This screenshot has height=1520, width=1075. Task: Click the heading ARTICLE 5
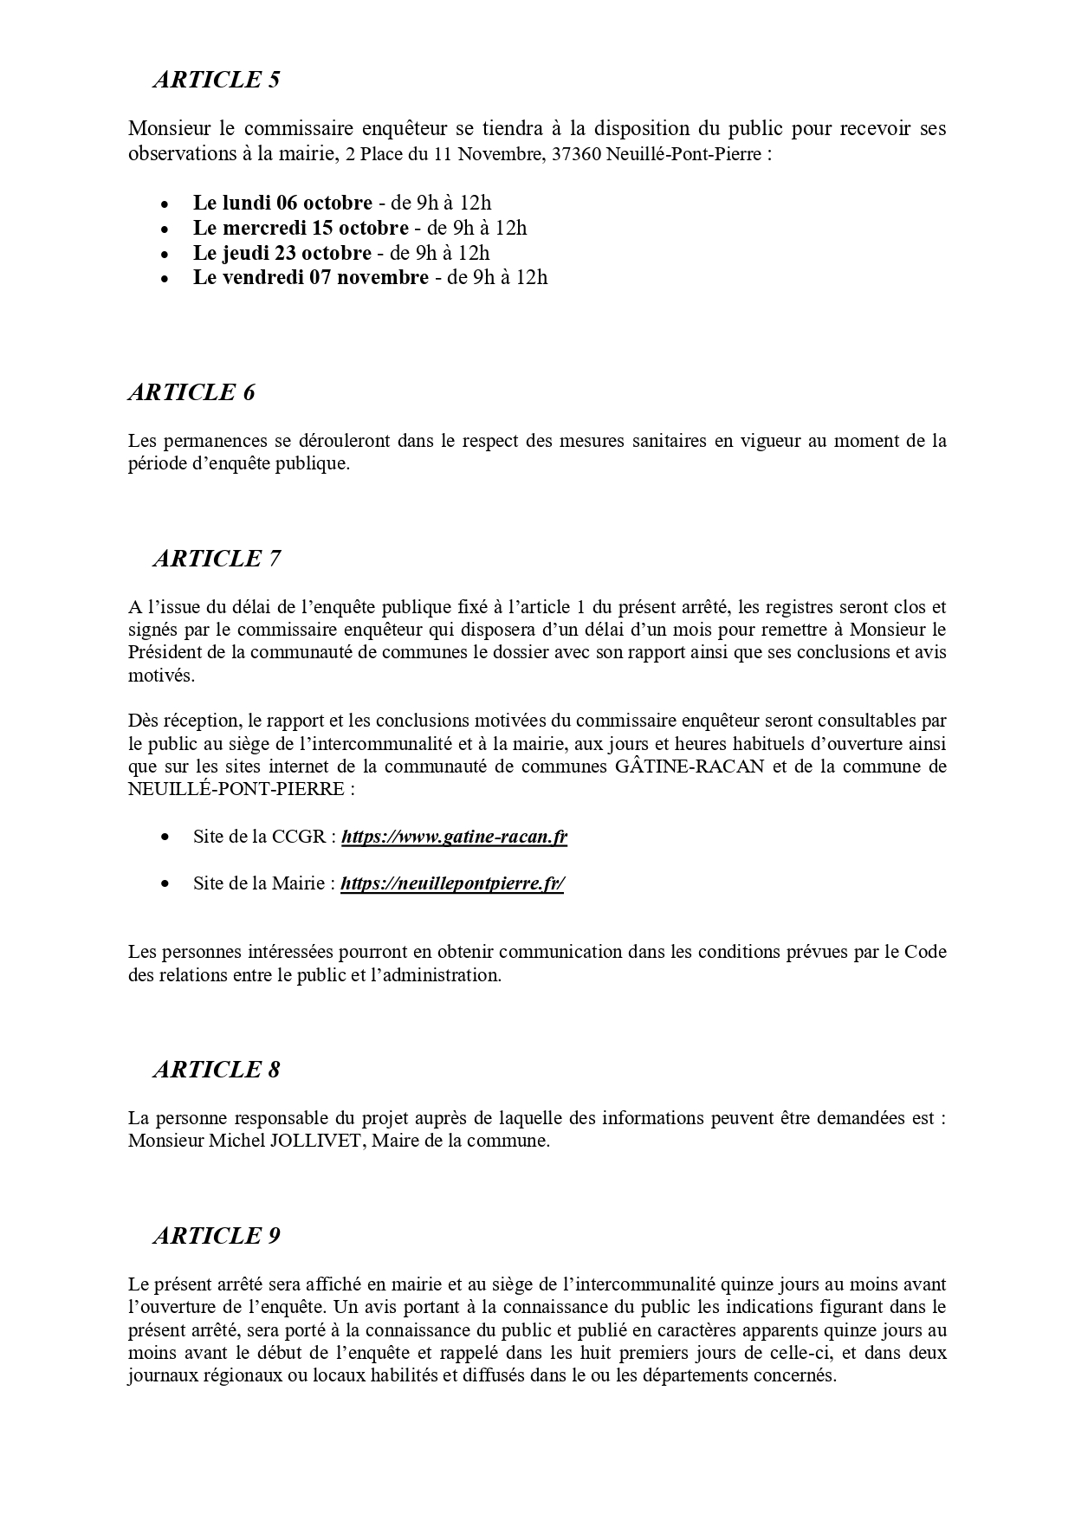click(217, 80)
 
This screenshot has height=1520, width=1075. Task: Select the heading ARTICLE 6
click(191, 392)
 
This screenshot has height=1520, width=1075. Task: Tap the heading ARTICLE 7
click(217, 559)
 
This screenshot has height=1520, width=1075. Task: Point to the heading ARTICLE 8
click(217, 1070)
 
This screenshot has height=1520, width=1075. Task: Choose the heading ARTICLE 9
click(217, 1236)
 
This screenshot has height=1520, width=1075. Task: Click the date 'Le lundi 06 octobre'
click(282, 203)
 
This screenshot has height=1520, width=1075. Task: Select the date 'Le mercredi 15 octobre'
click(301, 228)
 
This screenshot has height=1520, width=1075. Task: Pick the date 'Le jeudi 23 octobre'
click(282, 253)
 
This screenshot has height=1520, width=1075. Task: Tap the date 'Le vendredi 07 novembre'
click(310, 277)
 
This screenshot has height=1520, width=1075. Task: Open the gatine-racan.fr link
click(454, 837)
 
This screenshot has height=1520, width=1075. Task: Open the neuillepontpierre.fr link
click(452, 883)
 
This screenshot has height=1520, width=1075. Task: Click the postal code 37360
click(578, 154)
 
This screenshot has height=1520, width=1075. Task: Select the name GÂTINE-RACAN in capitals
click(690, 766)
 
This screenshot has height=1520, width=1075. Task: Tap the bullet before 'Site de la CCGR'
click(165, 838)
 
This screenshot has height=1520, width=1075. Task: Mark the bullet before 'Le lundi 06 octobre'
click(165, 204)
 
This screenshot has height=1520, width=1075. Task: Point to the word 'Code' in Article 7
click(925, 952)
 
